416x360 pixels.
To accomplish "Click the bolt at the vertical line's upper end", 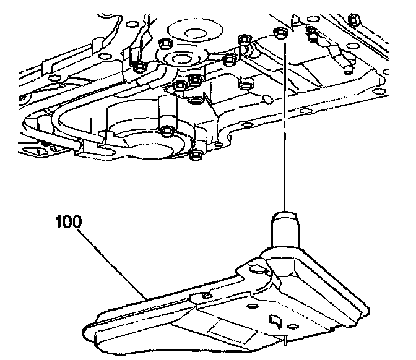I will (x=279, y=33).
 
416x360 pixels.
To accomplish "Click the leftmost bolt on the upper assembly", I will (x=139, y=66).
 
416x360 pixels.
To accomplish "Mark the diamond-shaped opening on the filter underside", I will (x=274, y=320).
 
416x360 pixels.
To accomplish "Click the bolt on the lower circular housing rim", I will (x=166, y=131).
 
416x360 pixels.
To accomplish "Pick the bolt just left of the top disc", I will (x=165, y=43).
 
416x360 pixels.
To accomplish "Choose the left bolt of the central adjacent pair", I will (x=180, y=85).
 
